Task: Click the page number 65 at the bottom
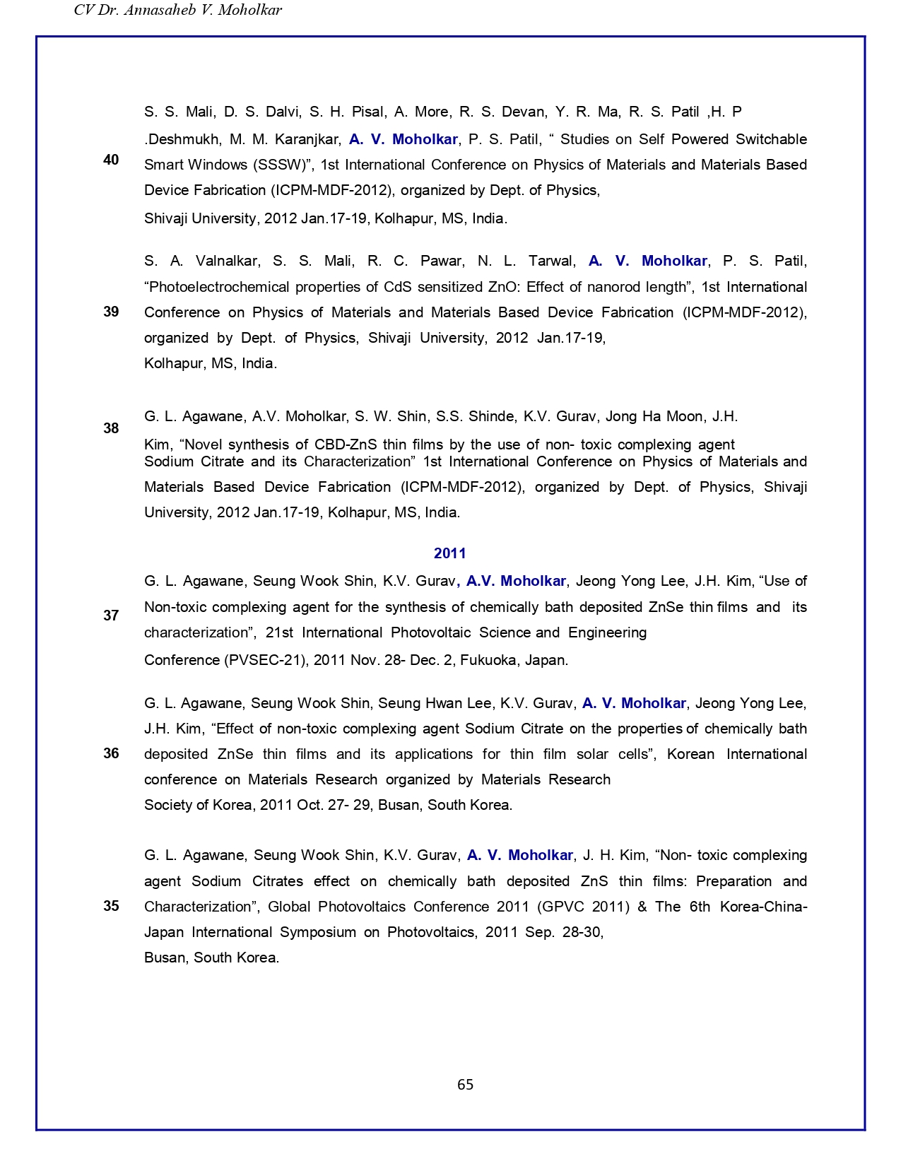click(465, 1085)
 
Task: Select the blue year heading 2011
click(450, 553)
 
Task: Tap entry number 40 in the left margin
click(111, 160)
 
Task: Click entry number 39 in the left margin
click(111, 312)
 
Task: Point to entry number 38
click(111, 428)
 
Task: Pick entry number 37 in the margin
click(111, 616)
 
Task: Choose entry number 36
click(111, 753)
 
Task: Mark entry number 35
click(111, 906)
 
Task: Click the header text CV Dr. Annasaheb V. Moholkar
click(178, 10)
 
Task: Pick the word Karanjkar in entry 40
click(308, 139)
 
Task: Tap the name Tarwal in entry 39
click(550, 261)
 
